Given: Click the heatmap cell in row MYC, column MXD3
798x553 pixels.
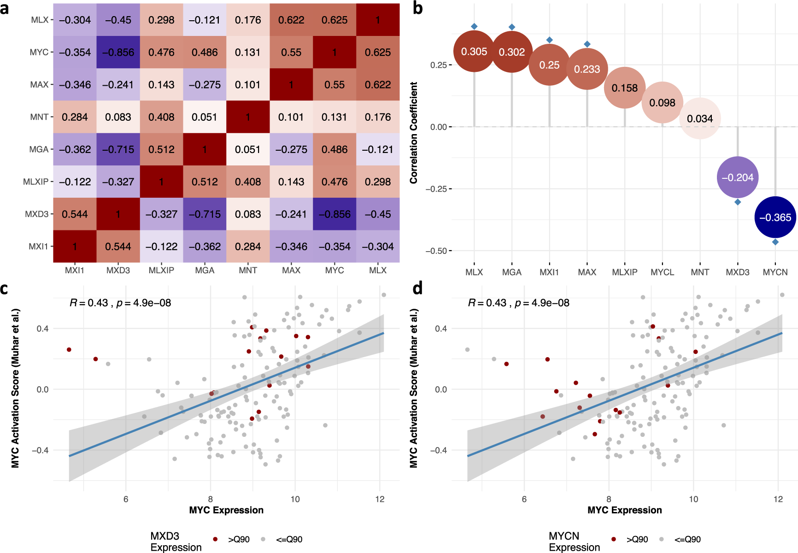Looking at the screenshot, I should (118, 53).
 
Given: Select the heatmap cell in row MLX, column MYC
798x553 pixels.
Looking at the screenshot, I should (334, 20).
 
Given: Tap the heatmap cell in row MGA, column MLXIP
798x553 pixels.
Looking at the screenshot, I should (161, 149).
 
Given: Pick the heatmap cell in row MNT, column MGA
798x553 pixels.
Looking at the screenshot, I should (205, 117).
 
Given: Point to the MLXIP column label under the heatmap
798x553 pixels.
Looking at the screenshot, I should (161, 271).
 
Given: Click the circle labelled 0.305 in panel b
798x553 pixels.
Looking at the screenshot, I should (474, 51).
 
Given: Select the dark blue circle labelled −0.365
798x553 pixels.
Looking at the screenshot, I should (775, 217).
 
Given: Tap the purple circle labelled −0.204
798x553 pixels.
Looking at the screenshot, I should (737, 177).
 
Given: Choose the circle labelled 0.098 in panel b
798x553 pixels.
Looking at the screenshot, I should (662, 102).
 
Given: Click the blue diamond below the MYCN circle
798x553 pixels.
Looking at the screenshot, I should (775, 242).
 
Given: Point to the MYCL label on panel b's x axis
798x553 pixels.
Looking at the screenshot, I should (662, 272).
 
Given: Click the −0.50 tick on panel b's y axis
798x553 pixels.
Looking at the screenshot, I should (438, 251).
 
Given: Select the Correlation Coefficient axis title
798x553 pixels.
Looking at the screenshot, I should (414, 133).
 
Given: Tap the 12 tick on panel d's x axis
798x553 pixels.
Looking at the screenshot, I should (778, 499).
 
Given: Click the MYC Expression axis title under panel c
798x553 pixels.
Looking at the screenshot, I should (226, 510).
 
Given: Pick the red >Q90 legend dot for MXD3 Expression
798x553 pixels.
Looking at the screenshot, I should (215, 539).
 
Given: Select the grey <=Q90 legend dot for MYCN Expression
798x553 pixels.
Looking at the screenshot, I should (662, 539).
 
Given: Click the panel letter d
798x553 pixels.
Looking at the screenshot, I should (417, 288).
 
